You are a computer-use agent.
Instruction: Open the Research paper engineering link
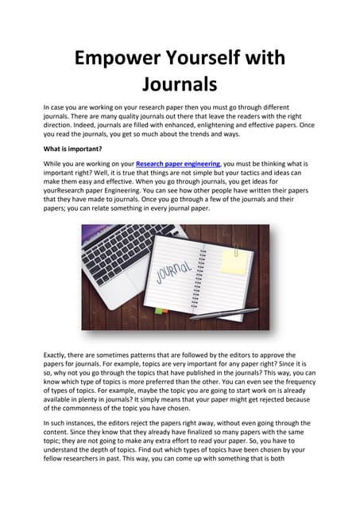pyautogui.click(x=178, y=163)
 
